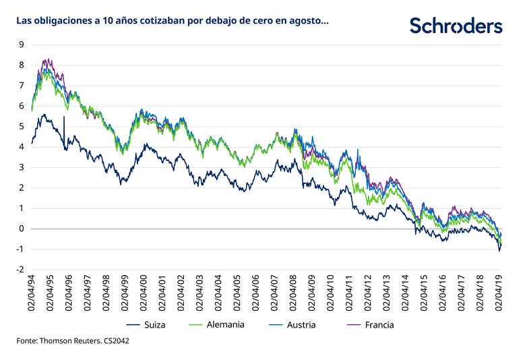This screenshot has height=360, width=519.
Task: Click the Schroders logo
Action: (x=456, y=26)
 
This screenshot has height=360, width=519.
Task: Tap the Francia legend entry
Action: (x=377, y=325)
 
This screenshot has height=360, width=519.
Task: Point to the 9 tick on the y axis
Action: (x=22, y=45)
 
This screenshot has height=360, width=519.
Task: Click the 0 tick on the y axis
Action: (x=22, y=229)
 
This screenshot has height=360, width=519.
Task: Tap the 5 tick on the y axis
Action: (x=22, y=127)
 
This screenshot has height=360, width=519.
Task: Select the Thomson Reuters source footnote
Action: (x=74, y=342)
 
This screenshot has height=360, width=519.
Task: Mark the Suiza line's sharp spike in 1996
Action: (x=64, y=117)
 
